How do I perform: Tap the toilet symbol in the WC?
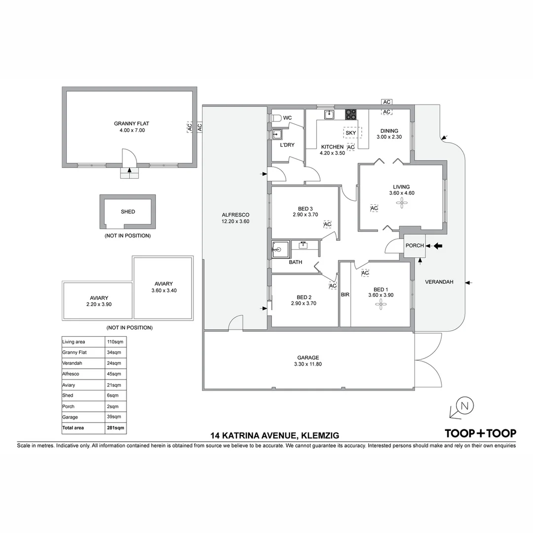coord(276,118)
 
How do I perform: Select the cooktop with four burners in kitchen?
coord(350,114)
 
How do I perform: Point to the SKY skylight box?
coord(350,133)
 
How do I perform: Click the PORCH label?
coord(414,246)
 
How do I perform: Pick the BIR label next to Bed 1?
coord(345,295)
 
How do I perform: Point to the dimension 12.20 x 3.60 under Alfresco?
coord(235,222)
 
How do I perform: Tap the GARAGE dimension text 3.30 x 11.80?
coord(308,365)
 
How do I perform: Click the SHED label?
coord(128,212)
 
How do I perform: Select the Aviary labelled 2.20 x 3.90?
coord(99,301)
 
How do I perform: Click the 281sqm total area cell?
coord(115,428)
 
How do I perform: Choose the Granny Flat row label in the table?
coord(75,352)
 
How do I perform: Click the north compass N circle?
coord(464,406)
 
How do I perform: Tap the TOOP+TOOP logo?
coord(480,433)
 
